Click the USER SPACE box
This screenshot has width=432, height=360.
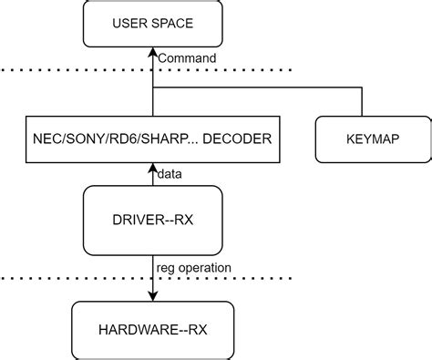(152, 24)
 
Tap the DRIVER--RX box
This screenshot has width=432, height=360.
(152, 220)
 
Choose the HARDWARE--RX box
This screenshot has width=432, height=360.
(152, 325)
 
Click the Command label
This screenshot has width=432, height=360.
(187, 58)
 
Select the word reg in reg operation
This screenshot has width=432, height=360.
(168, 268)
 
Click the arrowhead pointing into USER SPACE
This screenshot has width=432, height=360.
(152, 53)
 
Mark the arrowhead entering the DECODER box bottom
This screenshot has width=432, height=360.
(152, 167)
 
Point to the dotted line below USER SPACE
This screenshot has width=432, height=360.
(55, 70)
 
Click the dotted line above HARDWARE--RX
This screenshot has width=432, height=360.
(55, 278)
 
